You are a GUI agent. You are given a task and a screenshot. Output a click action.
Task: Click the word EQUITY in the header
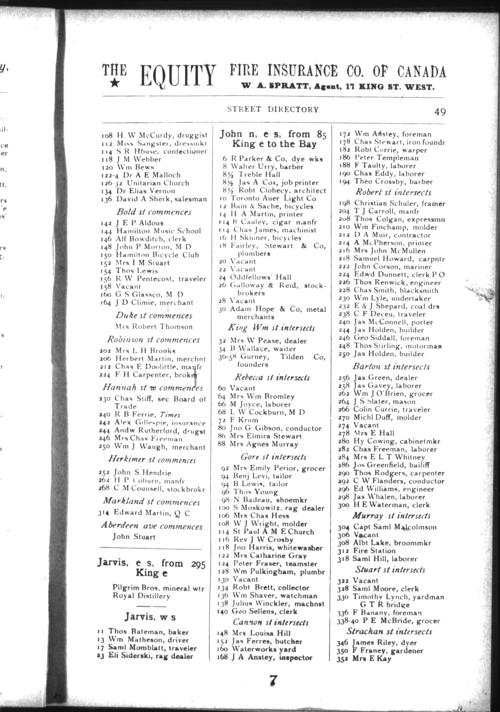click(x=178, y=75)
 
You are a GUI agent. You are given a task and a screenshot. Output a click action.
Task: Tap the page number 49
click(x=440, y=112)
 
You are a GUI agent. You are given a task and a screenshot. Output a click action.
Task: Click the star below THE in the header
click(x=115, y=84)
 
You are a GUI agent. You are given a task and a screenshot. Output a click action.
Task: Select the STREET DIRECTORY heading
click(x=273, y=109)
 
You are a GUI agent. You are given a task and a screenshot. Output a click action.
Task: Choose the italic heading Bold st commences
click(x=154, y=212)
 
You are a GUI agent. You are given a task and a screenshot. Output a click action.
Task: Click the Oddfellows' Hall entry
click(x=260, y=277)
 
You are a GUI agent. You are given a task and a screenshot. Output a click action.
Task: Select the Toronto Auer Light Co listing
click(x=273, y=198)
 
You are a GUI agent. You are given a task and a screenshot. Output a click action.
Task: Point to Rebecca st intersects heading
click(x=272, y=377)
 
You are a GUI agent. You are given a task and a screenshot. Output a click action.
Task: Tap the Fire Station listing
click(x=374, y=551)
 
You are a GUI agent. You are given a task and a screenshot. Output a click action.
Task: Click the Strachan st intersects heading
click(x=389, y=631)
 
